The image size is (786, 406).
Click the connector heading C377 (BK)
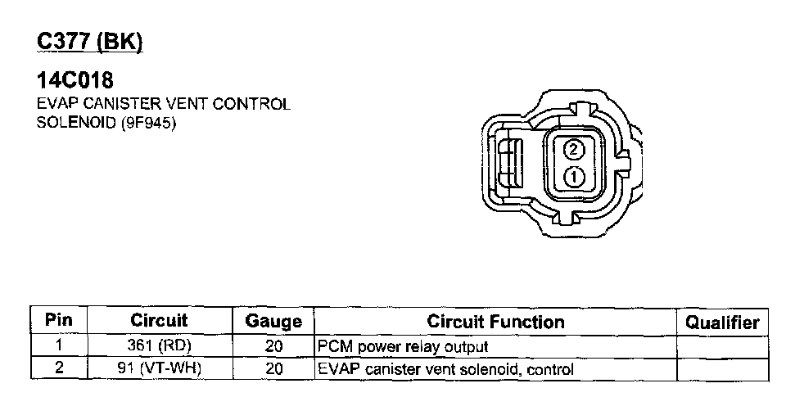click(x=90, y=41)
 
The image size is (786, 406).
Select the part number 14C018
click(x=75, y=80)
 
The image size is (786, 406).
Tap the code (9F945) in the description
click(x=148, y=123)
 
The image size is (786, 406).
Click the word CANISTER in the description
click(x=122, y=104)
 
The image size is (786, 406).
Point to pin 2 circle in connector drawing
click(x=574, y=149)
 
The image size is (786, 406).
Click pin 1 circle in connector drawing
click(x=574, y=177)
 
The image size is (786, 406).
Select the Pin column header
click(x=59, y=320)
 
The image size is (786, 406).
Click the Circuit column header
click(x=160, y=320)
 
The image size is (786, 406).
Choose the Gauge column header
click(x=273, y=321)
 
